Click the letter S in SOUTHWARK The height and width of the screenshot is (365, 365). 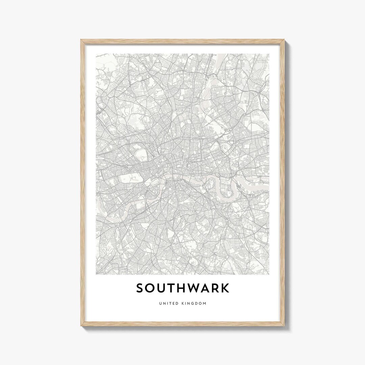pyautogui.click(x=140, y=288)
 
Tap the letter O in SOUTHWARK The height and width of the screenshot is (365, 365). pyautogui.click(x=151, y=288)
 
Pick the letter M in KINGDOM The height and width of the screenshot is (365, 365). pyautogui.click(x=204, y=303)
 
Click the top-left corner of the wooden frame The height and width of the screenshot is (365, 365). pyautogui.click(x=81, y=40)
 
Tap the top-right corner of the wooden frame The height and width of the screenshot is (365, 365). pyautogui.click(x=284, y=40)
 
